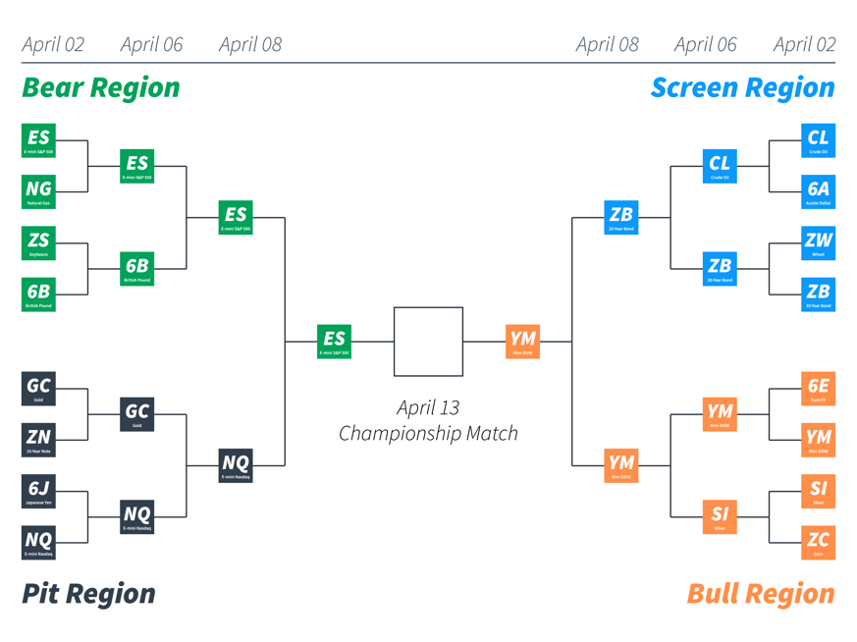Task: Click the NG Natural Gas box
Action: pyautogui.click(x=38, y=191)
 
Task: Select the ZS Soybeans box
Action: pyautogui.click(x=38, y=242)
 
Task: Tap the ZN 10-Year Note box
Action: pyautogui.click(x=38, y=440)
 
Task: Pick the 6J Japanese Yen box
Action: pyautogui.click(x=38, y=491)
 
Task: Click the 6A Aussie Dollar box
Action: pyautogui.click(x=818, y=191)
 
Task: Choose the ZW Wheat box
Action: pyautogui.click(x=818, y=242)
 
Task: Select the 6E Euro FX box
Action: pyautogui.click(x=818, y=389)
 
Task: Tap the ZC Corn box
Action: pyautogui.click(x=818, y=542)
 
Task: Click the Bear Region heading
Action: pyautogui.click(x=101, y=87)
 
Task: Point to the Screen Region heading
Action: pyautogui.click(x=742, y=87)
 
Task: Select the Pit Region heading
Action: pyautogui.click(x=88, y=594)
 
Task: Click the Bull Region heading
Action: pyautogui.click(x=761, y=594)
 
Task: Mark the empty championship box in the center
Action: pyautogui.click(x=428, y=342)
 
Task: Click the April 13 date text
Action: pyautogui.click(x=428, y=407)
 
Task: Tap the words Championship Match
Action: pyautogui.click(x=428, y=433)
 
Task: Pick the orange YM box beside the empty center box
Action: pyautogui.click(x=523, y=342)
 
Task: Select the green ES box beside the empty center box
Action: pyautogui.click(x=334, y=342)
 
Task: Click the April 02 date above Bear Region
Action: pyautogui.click(x=53, y=44)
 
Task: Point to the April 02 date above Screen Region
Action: pyautogui.click(x=804, y=44)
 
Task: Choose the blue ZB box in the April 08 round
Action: pyautogui.click(x=621, y=217)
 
